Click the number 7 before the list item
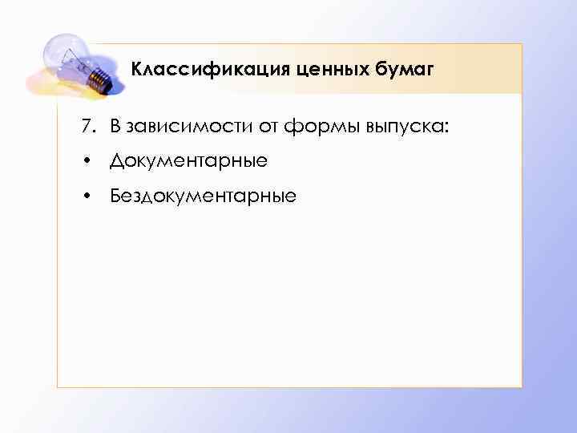coord(83,126)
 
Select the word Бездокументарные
coord(203,195)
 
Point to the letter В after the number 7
coord(115,126)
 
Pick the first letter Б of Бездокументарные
coord(116,195)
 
